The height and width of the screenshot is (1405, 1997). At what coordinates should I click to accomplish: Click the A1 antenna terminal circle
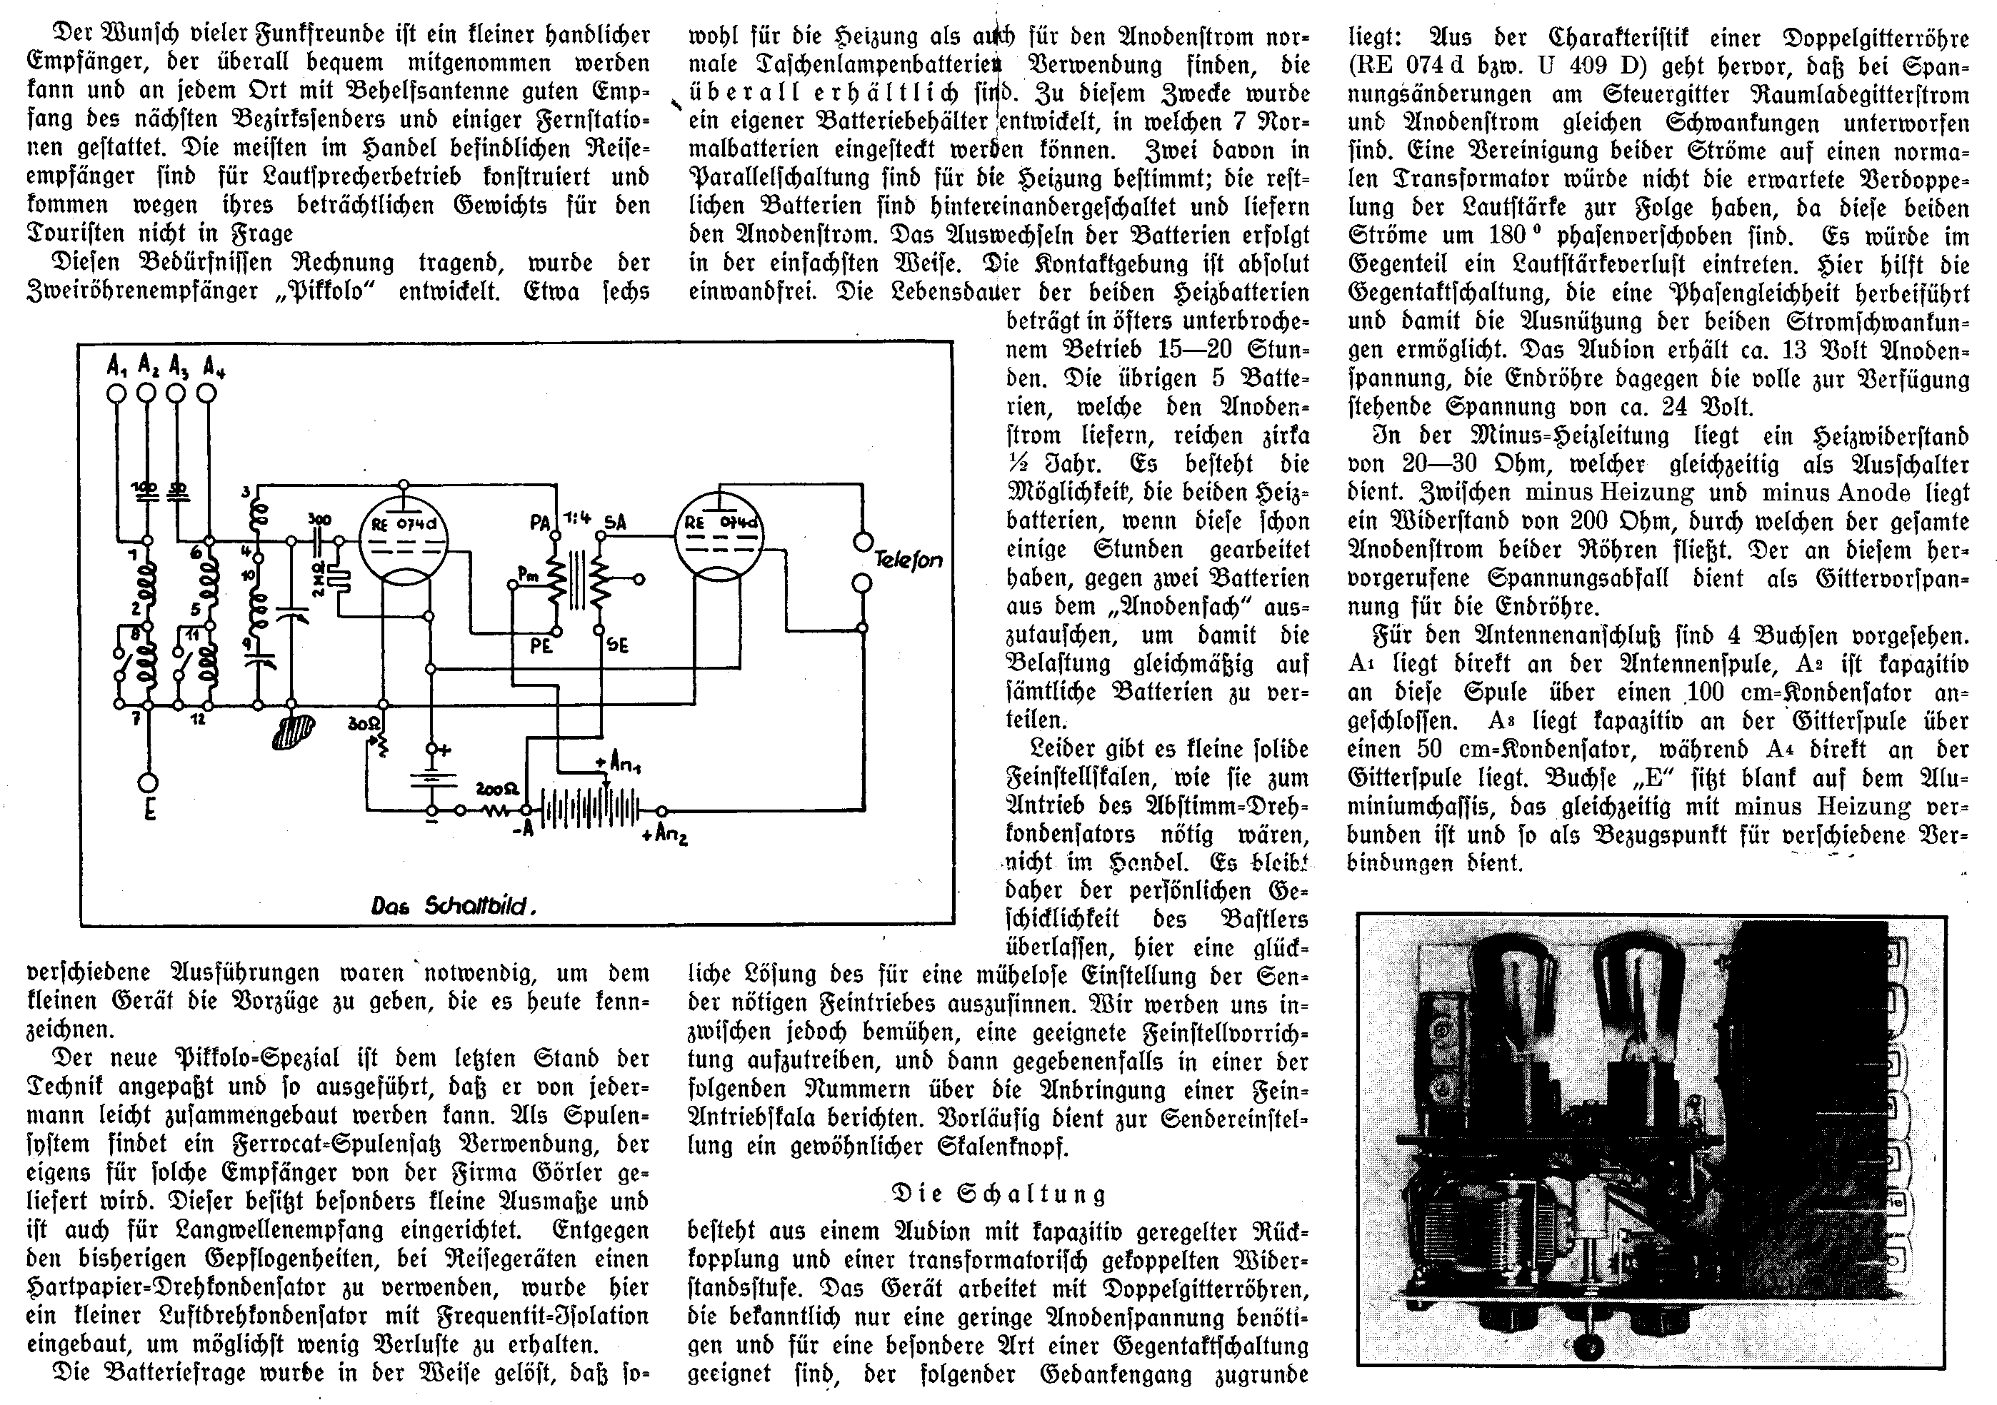tap(116, 393)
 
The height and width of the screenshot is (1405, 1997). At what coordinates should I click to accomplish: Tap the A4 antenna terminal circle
tap(207, 393)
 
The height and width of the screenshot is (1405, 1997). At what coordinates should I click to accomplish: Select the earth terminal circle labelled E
tap(149, 782)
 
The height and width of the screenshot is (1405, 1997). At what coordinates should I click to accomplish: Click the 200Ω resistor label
tap(499, 790)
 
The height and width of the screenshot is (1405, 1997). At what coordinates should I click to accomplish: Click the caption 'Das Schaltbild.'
tap(453, 906)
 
